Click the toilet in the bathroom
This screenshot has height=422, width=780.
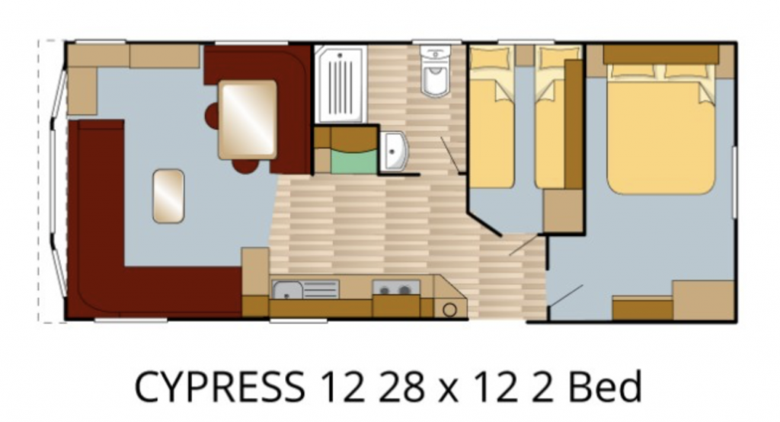435,70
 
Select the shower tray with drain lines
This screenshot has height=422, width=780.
340,84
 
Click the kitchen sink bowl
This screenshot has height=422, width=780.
287,290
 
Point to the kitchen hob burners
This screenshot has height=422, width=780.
396,288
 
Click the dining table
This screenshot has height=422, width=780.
248,120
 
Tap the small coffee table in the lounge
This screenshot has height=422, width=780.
168,196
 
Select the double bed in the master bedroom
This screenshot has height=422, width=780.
660,129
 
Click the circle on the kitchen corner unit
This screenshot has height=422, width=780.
449,309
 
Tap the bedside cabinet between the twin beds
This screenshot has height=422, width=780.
525,56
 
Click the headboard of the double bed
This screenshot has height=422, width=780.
661,54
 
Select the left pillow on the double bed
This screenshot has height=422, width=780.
633,71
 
